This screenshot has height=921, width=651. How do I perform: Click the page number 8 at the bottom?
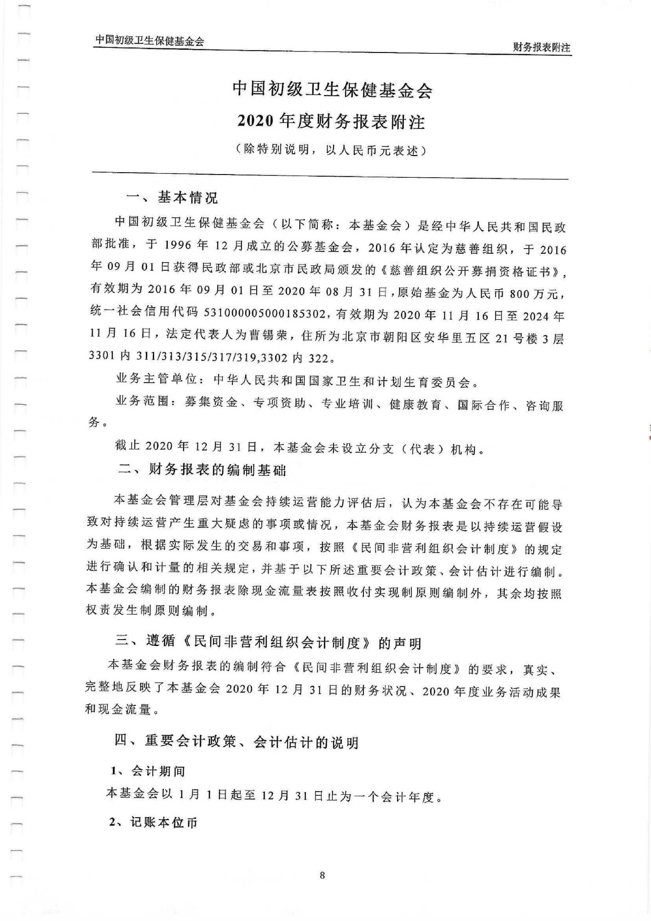point(322,875)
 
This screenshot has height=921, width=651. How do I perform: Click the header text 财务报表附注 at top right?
point(542,47)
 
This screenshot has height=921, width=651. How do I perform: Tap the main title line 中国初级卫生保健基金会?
point(332,90)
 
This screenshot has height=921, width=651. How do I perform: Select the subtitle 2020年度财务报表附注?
point(331,121)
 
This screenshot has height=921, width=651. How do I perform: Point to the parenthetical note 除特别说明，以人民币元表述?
point(330,151)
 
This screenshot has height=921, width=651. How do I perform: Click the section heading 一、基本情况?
point(172,198)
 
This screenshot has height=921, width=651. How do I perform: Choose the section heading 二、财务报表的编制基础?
point(202,470)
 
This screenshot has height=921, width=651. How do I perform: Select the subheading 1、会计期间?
point(148,771)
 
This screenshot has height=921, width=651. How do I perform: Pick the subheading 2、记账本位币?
point(153,822)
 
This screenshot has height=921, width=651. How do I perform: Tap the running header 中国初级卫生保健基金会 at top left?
point(150,41)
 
